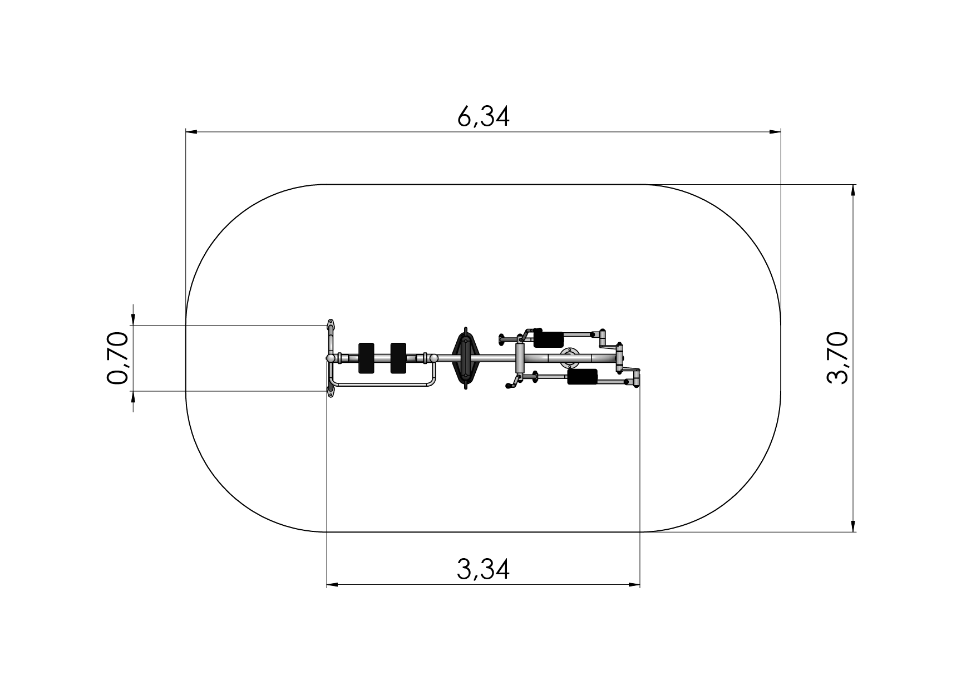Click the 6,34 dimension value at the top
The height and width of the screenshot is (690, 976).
click(483, 117)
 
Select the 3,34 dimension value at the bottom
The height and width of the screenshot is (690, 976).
click(483, 569)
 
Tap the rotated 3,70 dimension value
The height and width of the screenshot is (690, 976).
click(837, 357)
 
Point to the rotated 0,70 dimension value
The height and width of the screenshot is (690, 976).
click(117, 358)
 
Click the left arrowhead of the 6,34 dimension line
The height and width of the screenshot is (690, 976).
click(191, 132)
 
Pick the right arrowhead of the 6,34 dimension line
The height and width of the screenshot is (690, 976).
click(775, 132)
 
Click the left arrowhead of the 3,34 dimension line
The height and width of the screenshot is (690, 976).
click(333, 585)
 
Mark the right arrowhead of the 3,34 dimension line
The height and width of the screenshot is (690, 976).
click(634, 585)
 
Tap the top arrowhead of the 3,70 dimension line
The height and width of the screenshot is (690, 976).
click(853, 190)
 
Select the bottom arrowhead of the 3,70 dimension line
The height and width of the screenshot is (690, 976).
click(853, 526)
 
